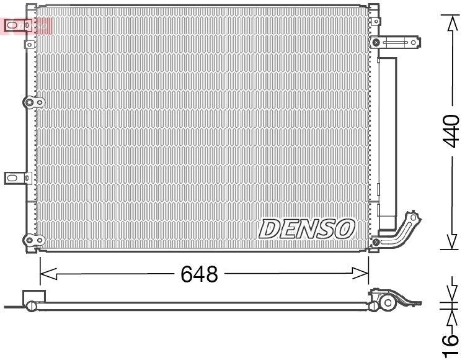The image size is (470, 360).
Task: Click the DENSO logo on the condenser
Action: (x=306, y=228)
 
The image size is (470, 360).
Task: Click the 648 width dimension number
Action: (x=199, y=274)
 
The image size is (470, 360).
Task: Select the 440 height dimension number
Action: (x=452, y=130)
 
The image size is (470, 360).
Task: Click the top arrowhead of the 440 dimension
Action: (x=453, y=23)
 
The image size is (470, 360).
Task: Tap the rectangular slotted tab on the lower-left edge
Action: (x=16, y=178)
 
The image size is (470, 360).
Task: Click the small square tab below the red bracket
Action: (x=29, y=45)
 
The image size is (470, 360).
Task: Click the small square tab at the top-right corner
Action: (x=373, y=9)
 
